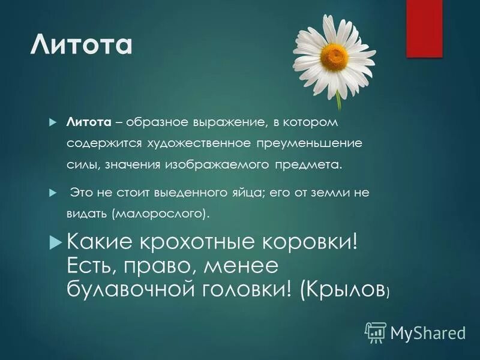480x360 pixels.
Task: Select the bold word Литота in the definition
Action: (x=89, y=123)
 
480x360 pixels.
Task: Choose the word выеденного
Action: (x=206, y=193)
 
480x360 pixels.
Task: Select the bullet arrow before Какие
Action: (x=55, y=242)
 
